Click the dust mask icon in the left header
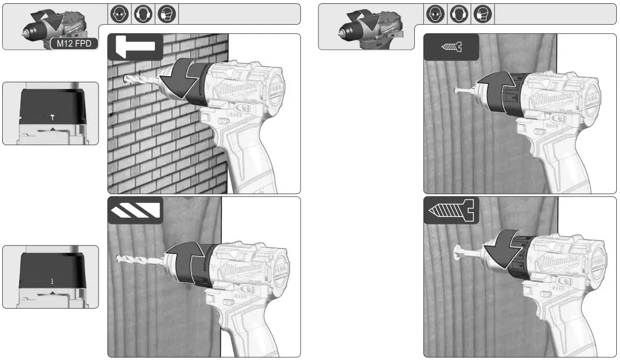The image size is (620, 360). [x=164, y=14]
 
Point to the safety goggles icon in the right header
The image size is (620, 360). [x=434, y=14]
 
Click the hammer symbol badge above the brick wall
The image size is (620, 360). [x=135, y=47]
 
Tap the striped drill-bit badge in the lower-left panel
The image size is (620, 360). [x=135, y=210]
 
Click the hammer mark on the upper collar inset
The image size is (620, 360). [x=52, y=116]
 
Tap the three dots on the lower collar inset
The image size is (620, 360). [x=52, y=280]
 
